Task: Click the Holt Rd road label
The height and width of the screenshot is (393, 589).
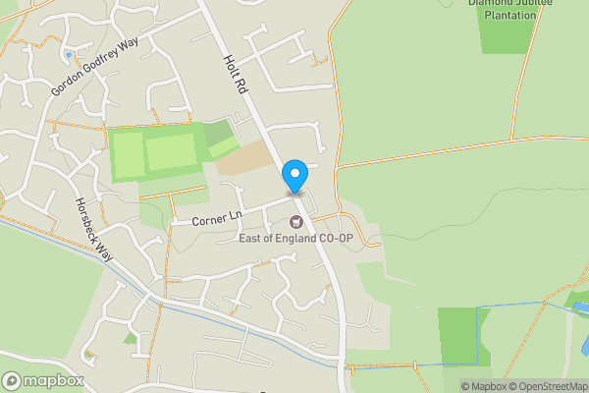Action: pos(236,74)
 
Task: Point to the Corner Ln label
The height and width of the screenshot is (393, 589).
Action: pos(215,220)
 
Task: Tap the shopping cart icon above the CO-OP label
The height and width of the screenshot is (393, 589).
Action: pos(295,219)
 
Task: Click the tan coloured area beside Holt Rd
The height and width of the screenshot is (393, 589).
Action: pos(245,158)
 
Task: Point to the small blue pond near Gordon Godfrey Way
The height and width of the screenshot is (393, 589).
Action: pos(69,53)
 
